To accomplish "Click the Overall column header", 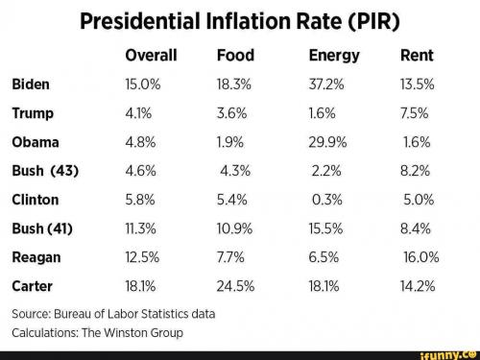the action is [x=151, y=55].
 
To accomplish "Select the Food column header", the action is [x=235, y=55].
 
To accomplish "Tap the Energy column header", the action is [x=334, y=56].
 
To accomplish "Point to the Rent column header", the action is [x=417, y=55].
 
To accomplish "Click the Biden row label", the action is [x=31, y=84].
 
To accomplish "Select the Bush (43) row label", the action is [x=45, y=171].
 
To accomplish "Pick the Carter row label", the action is [x=32, y=286].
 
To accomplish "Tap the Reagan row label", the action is [x=36, y=258].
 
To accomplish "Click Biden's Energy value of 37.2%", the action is [x=326, y=84].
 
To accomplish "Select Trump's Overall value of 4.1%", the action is [x=138, y=113].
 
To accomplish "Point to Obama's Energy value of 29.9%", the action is [x=327, y=142].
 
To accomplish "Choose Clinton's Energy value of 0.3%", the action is [x=327, y=200].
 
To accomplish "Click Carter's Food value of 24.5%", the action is [x=235, y=286].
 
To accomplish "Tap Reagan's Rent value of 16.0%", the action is [x=421, y=257].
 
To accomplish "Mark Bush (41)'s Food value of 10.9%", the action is [x=234, y=228].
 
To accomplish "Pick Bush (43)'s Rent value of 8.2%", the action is [x=415, y=171].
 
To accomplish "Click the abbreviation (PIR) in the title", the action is [x=373, y=21].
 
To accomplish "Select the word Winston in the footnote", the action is [x=126, y=333].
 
